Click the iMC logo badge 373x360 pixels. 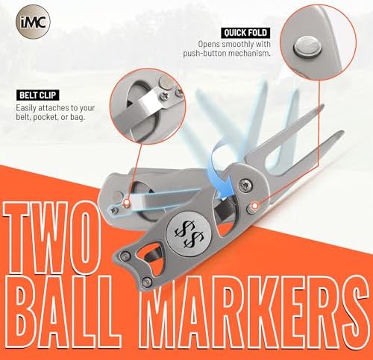pos(33,22)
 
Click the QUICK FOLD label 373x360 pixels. pos(245,33)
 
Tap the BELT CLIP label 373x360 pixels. pos(38,95)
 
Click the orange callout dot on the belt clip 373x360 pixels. pos(127,203)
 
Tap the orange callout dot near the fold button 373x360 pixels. pos(254,206)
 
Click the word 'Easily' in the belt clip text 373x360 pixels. pos(26,108)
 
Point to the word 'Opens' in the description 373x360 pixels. pos(209,45)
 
